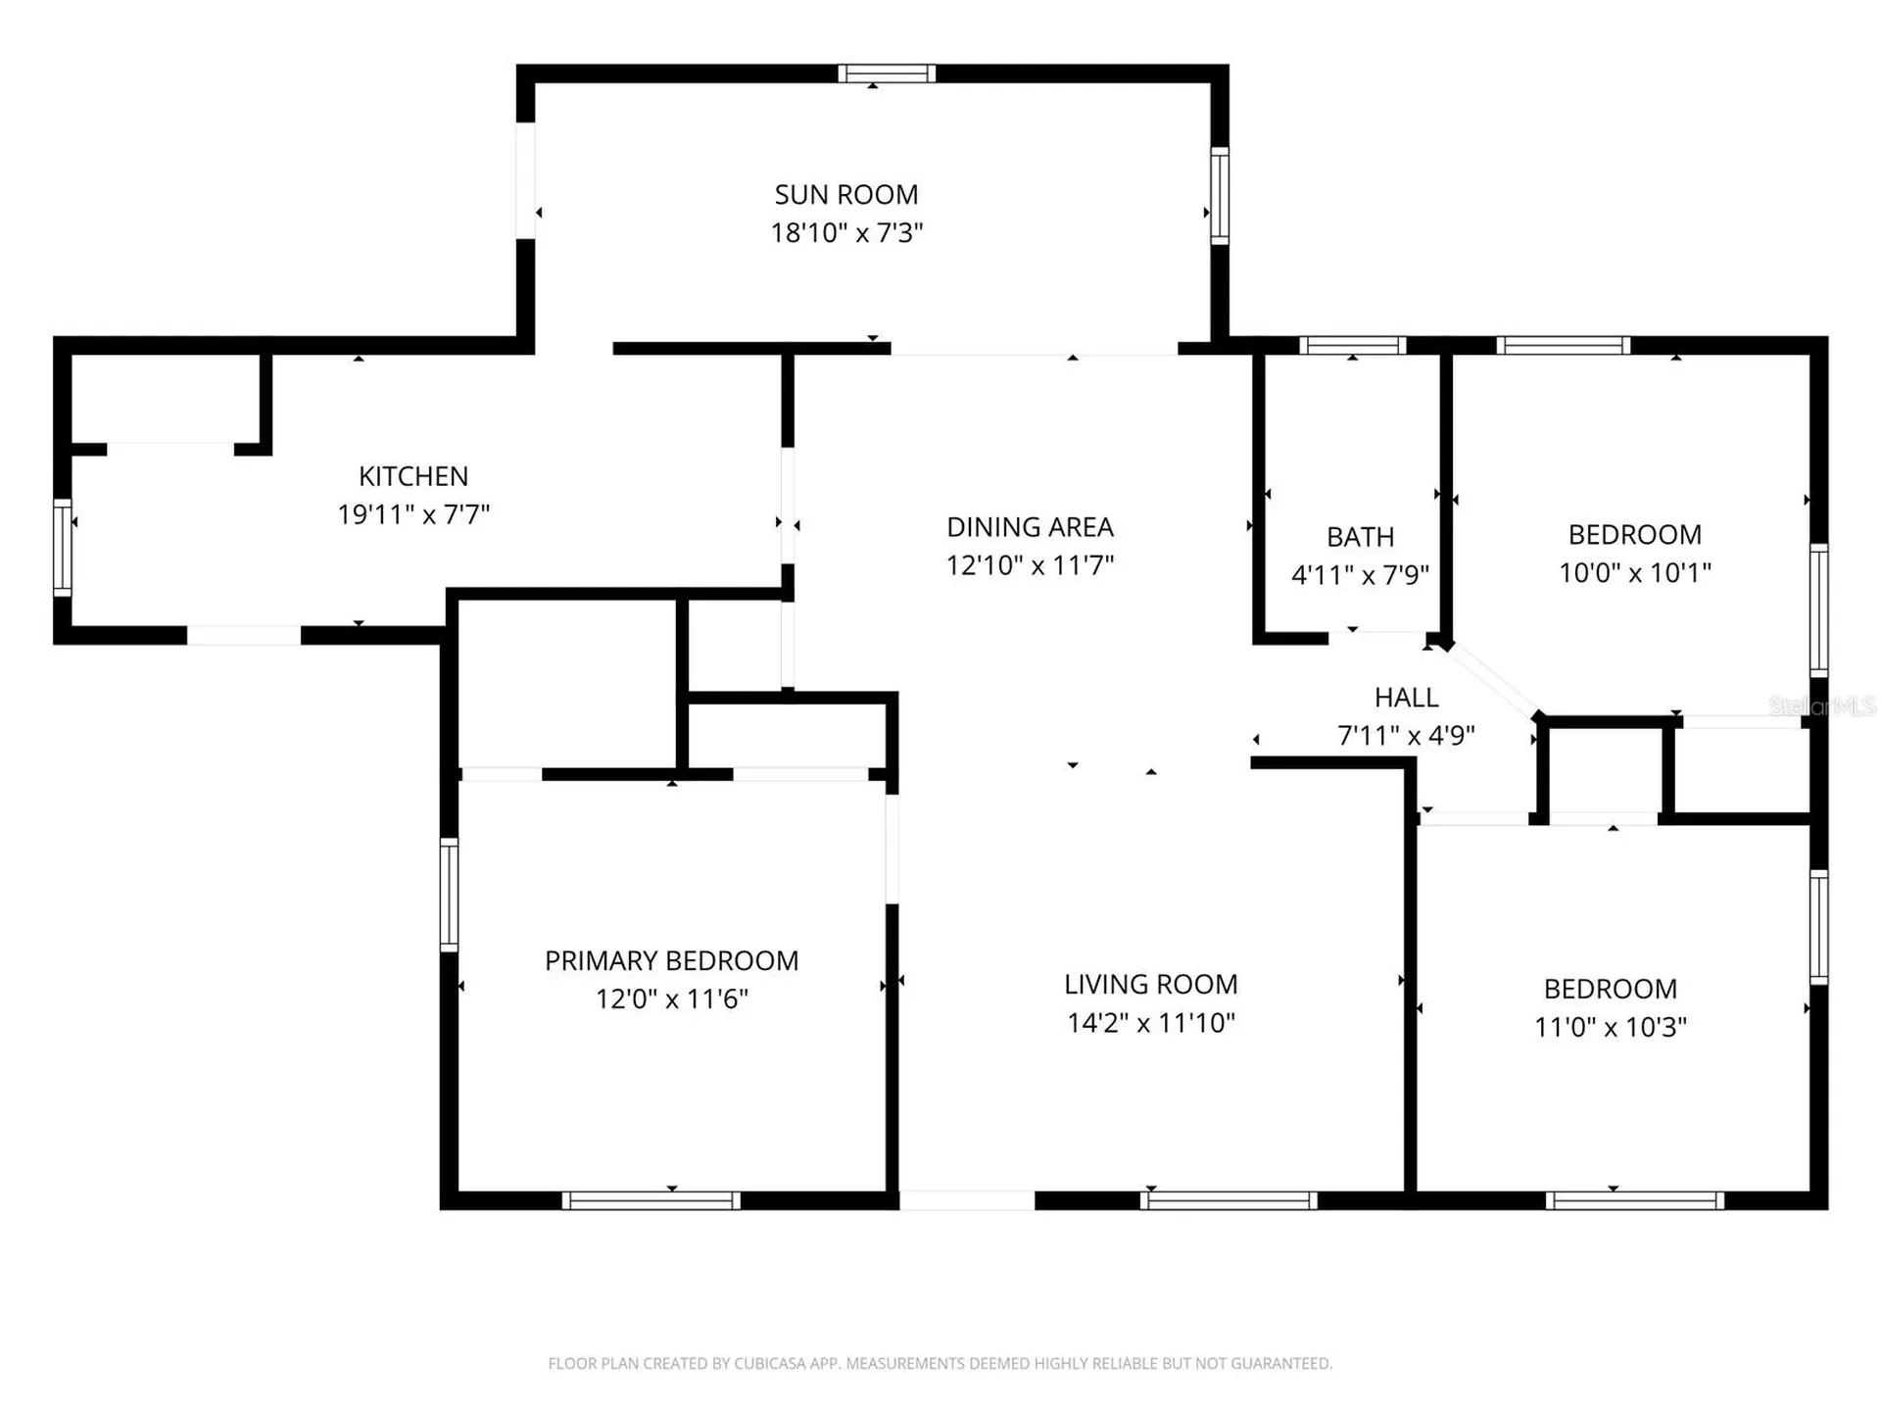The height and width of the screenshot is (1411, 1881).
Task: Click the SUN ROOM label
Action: tap(846, 195)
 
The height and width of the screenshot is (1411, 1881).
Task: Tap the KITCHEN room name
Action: tap(413, 476)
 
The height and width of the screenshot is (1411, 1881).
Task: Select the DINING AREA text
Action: tap(1030, 527)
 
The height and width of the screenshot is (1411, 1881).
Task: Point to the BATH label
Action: tap(1360, 537)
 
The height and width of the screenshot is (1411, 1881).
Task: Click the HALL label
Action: tap(1406, 698)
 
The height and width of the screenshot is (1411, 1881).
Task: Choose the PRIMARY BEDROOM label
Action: tap(671, 961)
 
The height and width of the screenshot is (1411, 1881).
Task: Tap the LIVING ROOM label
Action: tap(1151, 985)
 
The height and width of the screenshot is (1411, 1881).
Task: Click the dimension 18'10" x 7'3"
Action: tap(846, 233)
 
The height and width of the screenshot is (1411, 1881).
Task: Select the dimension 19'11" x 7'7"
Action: tap(413, 514)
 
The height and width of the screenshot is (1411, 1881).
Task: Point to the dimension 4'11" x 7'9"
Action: tap(1360, 574)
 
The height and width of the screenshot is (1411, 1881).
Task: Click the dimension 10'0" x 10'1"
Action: tap(1634, 572)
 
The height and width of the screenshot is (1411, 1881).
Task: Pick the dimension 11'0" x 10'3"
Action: tap(1610, 1027)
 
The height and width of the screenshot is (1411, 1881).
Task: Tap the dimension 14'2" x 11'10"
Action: tap(1151, 1023)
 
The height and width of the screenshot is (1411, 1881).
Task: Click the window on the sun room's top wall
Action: tap(887, 73)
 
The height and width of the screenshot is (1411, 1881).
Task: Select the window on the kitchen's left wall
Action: tap(63, 548)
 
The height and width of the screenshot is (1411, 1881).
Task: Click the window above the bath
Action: tap(1353, 345)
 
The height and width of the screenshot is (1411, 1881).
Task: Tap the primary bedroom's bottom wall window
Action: tap(651, 1200)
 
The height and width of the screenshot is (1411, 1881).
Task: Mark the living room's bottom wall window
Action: tap(1229, 1200)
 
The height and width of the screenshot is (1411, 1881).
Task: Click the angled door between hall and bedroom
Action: tap(1493, 680)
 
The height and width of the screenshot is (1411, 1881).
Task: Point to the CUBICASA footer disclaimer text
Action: tap(940, 1363)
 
